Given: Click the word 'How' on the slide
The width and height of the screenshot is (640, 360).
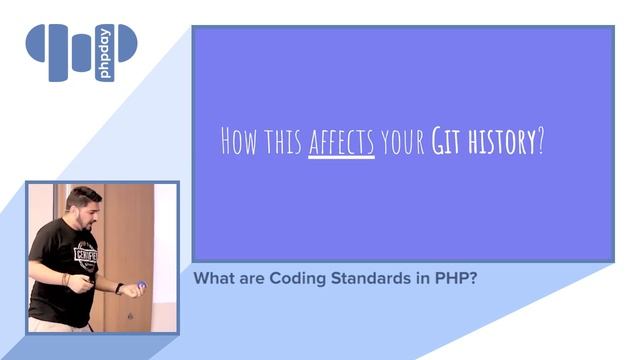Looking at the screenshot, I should click(x=239, y=143).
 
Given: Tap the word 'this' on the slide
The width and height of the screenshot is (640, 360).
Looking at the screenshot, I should click(x=282, y=143).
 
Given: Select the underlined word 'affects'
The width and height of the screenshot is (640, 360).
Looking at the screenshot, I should click(x=341, y=143).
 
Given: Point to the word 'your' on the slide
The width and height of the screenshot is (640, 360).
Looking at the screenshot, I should click(x=402, y=144).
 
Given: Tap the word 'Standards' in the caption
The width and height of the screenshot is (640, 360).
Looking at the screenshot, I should click(x=359, y=279).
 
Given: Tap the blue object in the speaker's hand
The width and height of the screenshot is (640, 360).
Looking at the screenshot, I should click(x=141, y=285).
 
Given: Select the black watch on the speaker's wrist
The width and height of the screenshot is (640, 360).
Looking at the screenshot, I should click(x=119, y=289).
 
